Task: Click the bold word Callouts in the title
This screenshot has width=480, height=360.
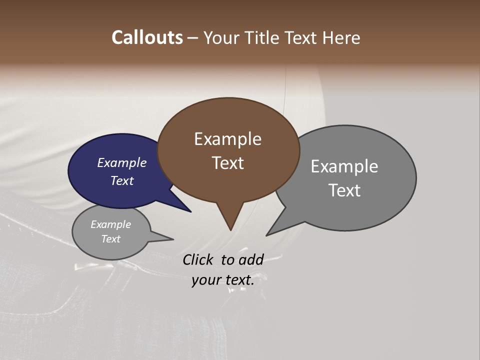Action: tap(147, 37)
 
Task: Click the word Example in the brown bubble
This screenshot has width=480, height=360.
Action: tap(227, 139)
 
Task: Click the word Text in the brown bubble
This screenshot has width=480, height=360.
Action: tap(227, 163)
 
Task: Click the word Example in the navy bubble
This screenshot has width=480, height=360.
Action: tap(121, 162)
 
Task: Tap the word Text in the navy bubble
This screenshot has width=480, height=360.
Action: tap(121, 180)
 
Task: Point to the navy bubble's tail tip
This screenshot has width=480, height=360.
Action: tap(190, 211)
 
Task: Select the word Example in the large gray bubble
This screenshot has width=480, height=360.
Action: tap(344, 166)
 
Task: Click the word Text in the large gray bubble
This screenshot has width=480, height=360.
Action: tap(344, 190)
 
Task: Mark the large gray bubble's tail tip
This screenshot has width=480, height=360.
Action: tap(267, 235)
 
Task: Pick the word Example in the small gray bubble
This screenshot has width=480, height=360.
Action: tap(110, 224)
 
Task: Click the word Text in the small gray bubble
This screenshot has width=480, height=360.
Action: tap(110, 239)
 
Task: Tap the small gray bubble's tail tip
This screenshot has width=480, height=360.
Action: tap(173, 239)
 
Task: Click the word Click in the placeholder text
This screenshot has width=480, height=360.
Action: tap(198, 259)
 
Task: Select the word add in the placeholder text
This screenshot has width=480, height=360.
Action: tap(251, 259)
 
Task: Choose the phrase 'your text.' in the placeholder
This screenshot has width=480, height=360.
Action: tap(223, 280)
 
